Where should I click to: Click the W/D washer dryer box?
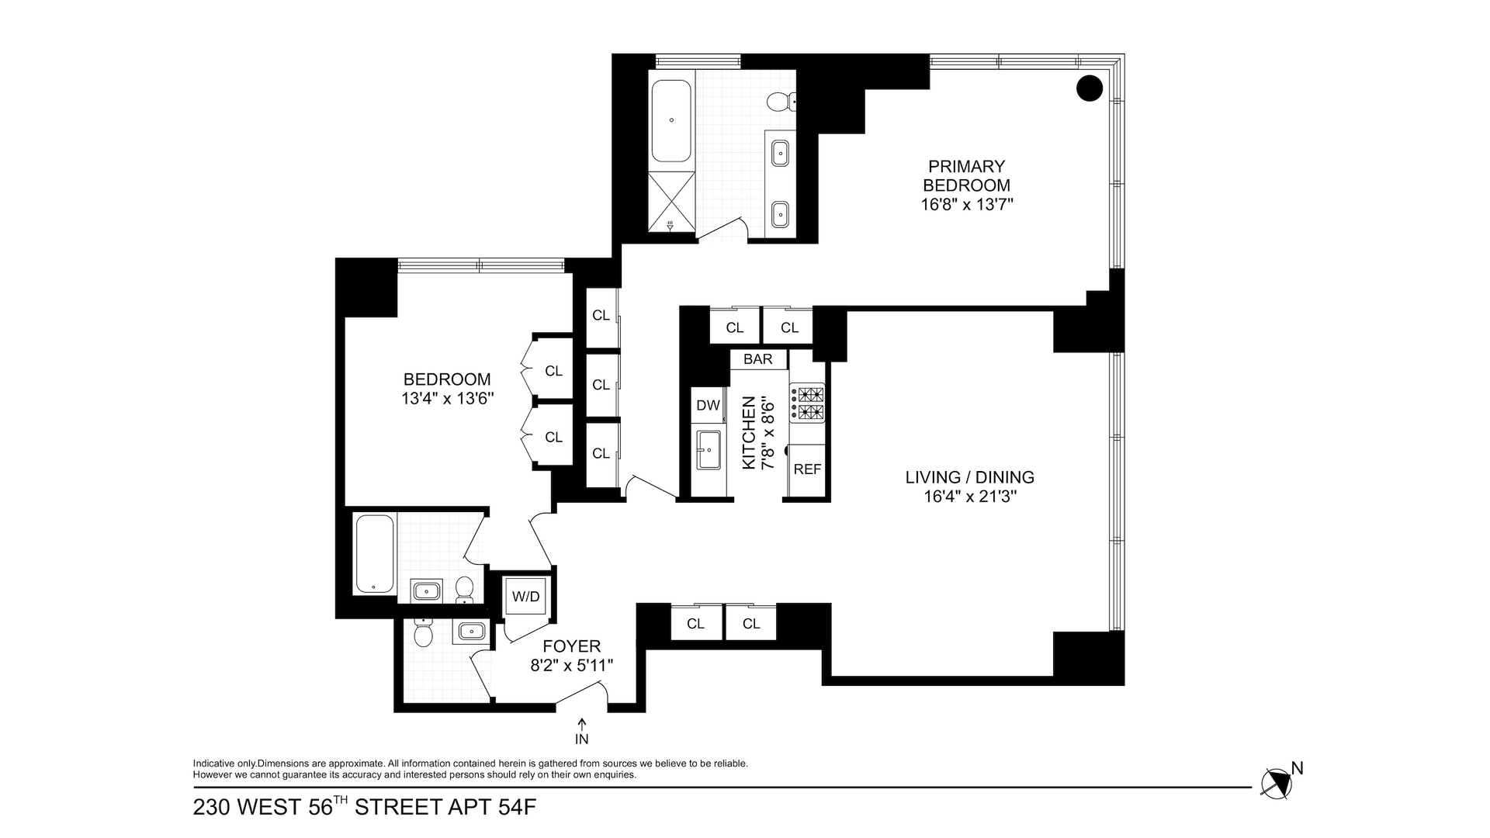click(x=526, y=596)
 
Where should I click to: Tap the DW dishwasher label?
click(x=708, y=405)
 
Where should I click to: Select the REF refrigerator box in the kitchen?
click(x=807, y=469)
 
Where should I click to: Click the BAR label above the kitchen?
click(x=758, y=359)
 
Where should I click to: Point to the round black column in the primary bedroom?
click(x=1090, y=88)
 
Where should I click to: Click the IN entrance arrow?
click(x=582, y=732)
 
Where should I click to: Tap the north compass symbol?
click(x=1277, y=784)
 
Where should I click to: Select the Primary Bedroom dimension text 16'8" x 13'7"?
click(x=967, y=205)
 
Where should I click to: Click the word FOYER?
click(x=571, y=646)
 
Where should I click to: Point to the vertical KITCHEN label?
click(x=750, y=432)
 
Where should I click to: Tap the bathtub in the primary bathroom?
click(x=671, y=120)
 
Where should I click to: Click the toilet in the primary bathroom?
click(x=778, y=101)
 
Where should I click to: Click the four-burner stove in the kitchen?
click(x=807, y=403)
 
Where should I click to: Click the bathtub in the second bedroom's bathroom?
click(x=374, y=554)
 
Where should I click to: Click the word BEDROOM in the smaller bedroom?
click(x=447, y=379)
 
